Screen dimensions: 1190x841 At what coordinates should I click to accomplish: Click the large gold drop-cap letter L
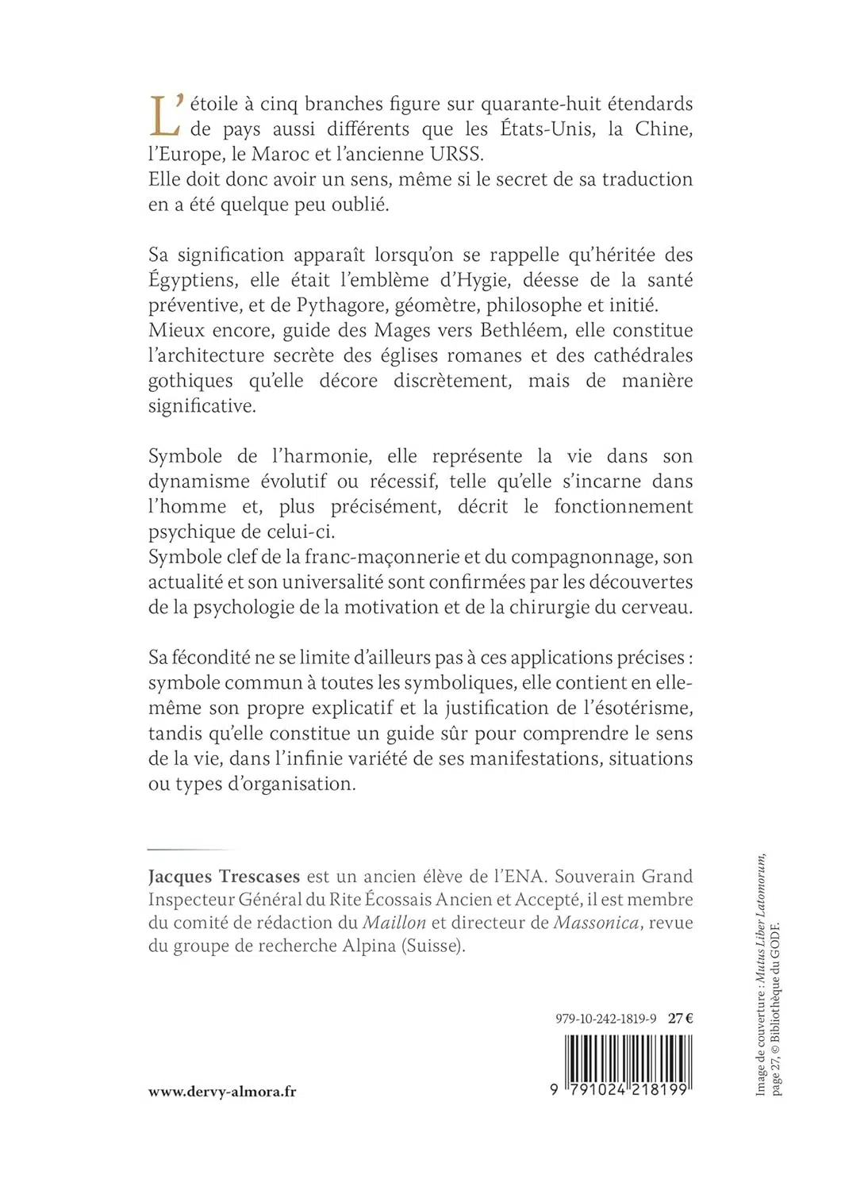[163, 116]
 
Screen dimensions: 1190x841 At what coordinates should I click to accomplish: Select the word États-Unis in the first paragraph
[547, 129]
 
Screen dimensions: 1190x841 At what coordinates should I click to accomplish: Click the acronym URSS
[454, 154]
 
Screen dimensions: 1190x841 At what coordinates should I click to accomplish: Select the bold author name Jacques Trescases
[224, 877]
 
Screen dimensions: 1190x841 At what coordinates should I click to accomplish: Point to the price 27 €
[681, 1019]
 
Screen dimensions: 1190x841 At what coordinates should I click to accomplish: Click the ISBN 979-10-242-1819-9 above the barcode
[606, 1019]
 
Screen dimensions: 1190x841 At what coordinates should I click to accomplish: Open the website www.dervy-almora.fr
[222, 1092]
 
